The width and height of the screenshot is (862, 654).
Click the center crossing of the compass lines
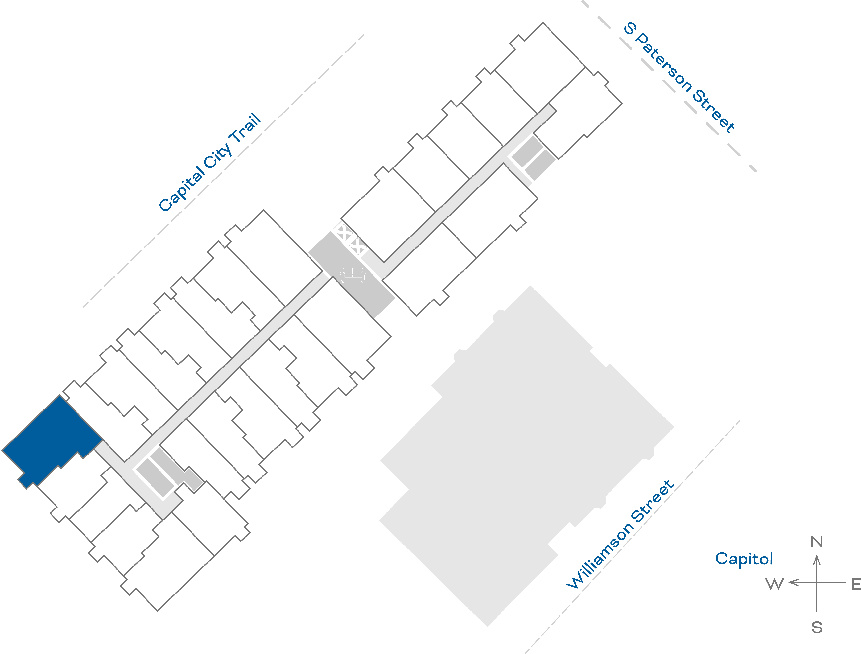point(817,583)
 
